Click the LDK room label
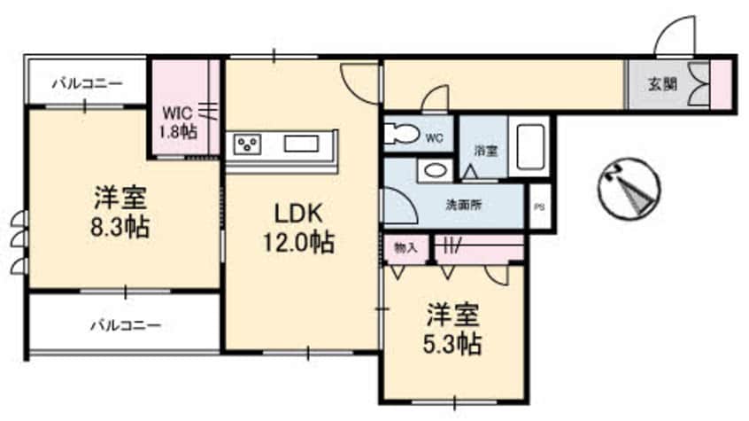pos(298,214)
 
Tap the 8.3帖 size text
pos(120,227)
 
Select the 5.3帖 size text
pos(452,344)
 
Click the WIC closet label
pos(177,113)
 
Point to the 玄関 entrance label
pos(662,84)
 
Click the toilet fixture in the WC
pos(400,134)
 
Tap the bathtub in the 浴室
pos(530,146)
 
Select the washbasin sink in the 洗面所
pos(434,170)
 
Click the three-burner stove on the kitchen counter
pos(247,144)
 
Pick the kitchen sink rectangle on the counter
pos(301,144)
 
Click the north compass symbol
pos(629,189)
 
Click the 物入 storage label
pos(405,248)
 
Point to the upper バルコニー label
pos(88,83)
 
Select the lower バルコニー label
pos(126,326)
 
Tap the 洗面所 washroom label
pos(463,205)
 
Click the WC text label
pos(434,139)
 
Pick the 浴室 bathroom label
pos(486,152)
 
